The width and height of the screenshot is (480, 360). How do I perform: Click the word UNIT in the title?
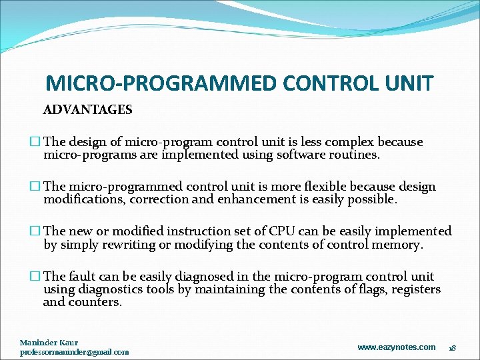point(409,83)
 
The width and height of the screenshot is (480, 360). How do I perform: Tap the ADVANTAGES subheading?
point(87,110)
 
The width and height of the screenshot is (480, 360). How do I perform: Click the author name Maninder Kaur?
point(49,343)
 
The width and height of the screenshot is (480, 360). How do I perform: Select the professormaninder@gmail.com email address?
point(74,352)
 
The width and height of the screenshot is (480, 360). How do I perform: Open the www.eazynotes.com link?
point(396,347)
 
